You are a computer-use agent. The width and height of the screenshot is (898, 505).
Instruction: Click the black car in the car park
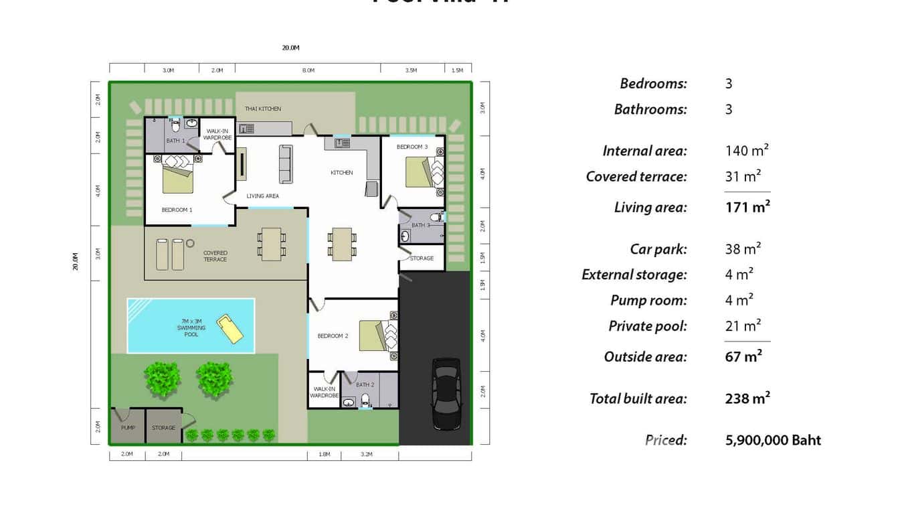446,394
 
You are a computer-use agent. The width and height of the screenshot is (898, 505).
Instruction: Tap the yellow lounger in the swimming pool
231,328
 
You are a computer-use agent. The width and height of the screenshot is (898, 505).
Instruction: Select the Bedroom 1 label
177,210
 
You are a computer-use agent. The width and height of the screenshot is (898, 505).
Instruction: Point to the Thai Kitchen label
262,109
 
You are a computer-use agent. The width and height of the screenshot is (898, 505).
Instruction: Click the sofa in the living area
286,163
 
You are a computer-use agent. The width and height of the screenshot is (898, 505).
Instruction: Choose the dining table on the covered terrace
272,244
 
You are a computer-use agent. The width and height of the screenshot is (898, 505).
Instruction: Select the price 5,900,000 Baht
773,440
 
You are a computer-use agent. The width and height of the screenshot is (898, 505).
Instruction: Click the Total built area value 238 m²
747,399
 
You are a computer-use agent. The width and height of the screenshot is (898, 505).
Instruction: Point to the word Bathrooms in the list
650,109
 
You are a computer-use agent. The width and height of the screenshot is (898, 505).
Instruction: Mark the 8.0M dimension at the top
308,70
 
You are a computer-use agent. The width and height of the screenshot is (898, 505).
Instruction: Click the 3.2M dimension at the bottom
366,454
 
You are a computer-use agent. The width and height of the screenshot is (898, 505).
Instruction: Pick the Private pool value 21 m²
743,326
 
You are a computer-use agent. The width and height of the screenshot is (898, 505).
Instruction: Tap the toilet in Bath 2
365,401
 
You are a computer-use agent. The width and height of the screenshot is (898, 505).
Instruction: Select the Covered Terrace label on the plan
215,256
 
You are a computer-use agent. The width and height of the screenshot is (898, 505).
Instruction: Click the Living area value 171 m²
747,207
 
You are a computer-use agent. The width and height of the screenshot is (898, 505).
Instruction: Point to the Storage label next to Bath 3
422,258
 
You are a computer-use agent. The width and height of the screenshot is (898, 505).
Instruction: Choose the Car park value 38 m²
743,249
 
